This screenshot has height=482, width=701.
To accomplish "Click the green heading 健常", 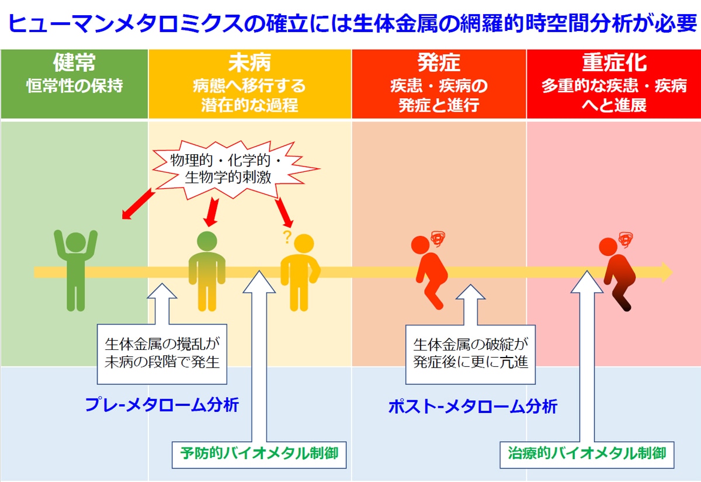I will [74, 63].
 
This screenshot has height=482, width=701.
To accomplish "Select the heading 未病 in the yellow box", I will [249, 63].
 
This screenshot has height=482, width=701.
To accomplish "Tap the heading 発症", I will [439, 63].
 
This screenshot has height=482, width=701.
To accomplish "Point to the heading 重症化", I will [614, 63].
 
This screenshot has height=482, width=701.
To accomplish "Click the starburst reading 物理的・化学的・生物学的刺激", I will [228, 169].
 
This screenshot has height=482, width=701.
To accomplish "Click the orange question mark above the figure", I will [286, 237].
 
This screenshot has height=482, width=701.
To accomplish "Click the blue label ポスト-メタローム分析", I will [473, 407].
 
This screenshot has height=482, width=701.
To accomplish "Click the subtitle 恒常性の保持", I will [74, 86].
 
